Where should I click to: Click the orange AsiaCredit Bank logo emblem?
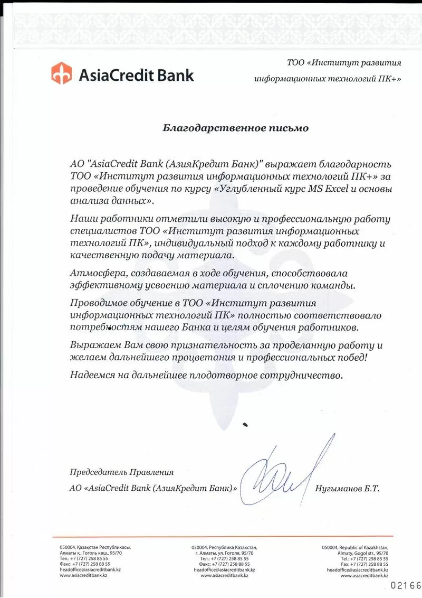tap(61, 73)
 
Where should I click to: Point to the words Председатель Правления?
tap(121, 472)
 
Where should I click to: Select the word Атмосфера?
tap(94, 273)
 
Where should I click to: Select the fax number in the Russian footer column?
tap(225, 564)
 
